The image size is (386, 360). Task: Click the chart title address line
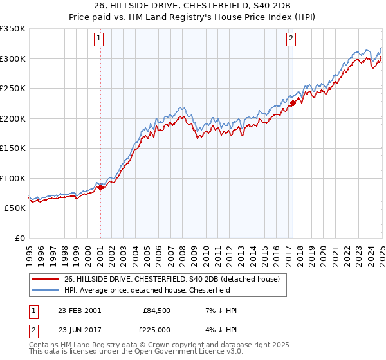pyautogui.click(x=193, y=6)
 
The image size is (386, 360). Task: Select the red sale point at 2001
pyautogui.click(x=101, y=188)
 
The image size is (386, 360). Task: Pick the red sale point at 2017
pyautogui.click(x=293, y=103)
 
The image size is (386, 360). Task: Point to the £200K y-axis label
pyautogui.click(x=13, y=118)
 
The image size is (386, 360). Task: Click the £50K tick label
pyautogui.click(x=15, y=208)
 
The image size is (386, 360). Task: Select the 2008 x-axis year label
pyautogui.click(x=182, y=251)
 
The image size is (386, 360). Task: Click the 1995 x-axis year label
pyautogui.click(x=30, y=251)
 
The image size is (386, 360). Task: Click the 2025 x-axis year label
pyautogui.click(x=381, y=251)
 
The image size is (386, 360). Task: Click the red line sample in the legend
pyautogui.click(x=45, y=280)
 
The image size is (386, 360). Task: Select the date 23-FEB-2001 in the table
pyautogui.click(x=79, y=310)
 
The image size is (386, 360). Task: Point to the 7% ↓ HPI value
pyautogui.click(x=218, y=310)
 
